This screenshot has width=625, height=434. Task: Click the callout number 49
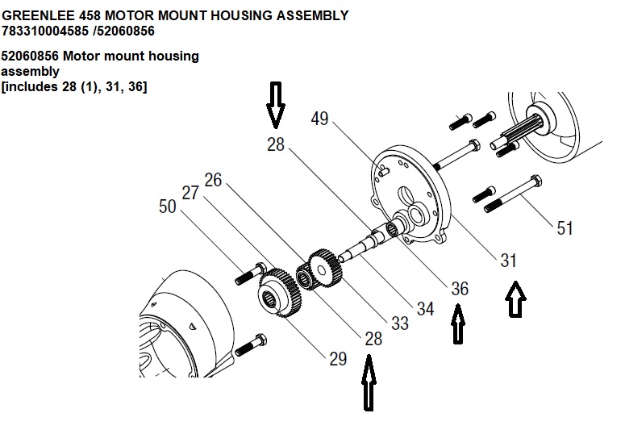[x=319, y=119]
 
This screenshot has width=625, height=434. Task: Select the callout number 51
[x=565, y=228]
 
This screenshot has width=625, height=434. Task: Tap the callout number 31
[x=508, y=261]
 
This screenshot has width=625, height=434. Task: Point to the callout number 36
[x=460, y=288]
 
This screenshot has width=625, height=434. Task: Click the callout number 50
[x=168, y=207]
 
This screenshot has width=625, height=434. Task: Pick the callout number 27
[x=190, y=193]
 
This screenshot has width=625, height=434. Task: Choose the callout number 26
[x=213, y=179]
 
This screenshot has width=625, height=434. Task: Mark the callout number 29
[x=337, y=359]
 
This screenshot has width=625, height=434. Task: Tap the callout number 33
[x=400, y=323]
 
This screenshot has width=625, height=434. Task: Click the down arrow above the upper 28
[x=276, y=104]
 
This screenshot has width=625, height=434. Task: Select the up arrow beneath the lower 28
[x=369, y=383]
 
